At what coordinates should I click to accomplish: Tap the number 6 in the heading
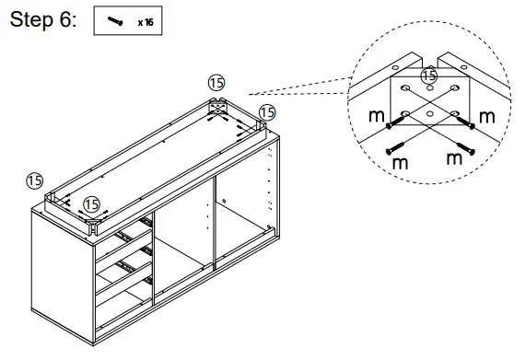tap(72, 19)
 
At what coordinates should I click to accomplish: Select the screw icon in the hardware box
tap(115, 19)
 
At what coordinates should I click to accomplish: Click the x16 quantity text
tap(145, 20)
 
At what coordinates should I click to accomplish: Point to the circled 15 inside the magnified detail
tap(428, 75)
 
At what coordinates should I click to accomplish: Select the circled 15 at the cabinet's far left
tap(35, 180)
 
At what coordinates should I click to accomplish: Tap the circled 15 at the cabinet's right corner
tap(266, 112)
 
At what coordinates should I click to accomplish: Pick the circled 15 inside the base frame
tap(91, 203)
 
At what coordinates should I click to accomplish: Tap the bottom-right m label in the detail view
tap(454, 158)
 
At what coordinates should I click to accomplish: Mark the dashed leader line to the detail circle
tap(299, 85)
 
